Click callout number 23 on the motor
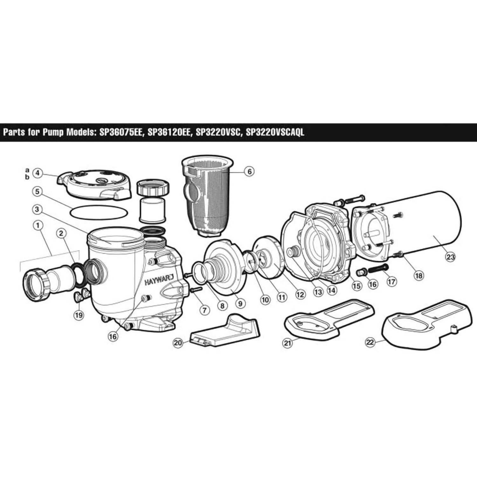point(451,257)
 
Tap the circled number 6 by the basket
point(249,171)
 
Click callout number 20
point(178,343)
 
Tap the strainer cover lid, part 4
point(95,184)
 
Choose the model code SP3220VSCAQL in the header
point(275,132)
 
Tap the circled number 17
point(392,282)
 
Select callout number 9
point(240,304)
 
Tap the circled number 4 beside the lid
point(38,173)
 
